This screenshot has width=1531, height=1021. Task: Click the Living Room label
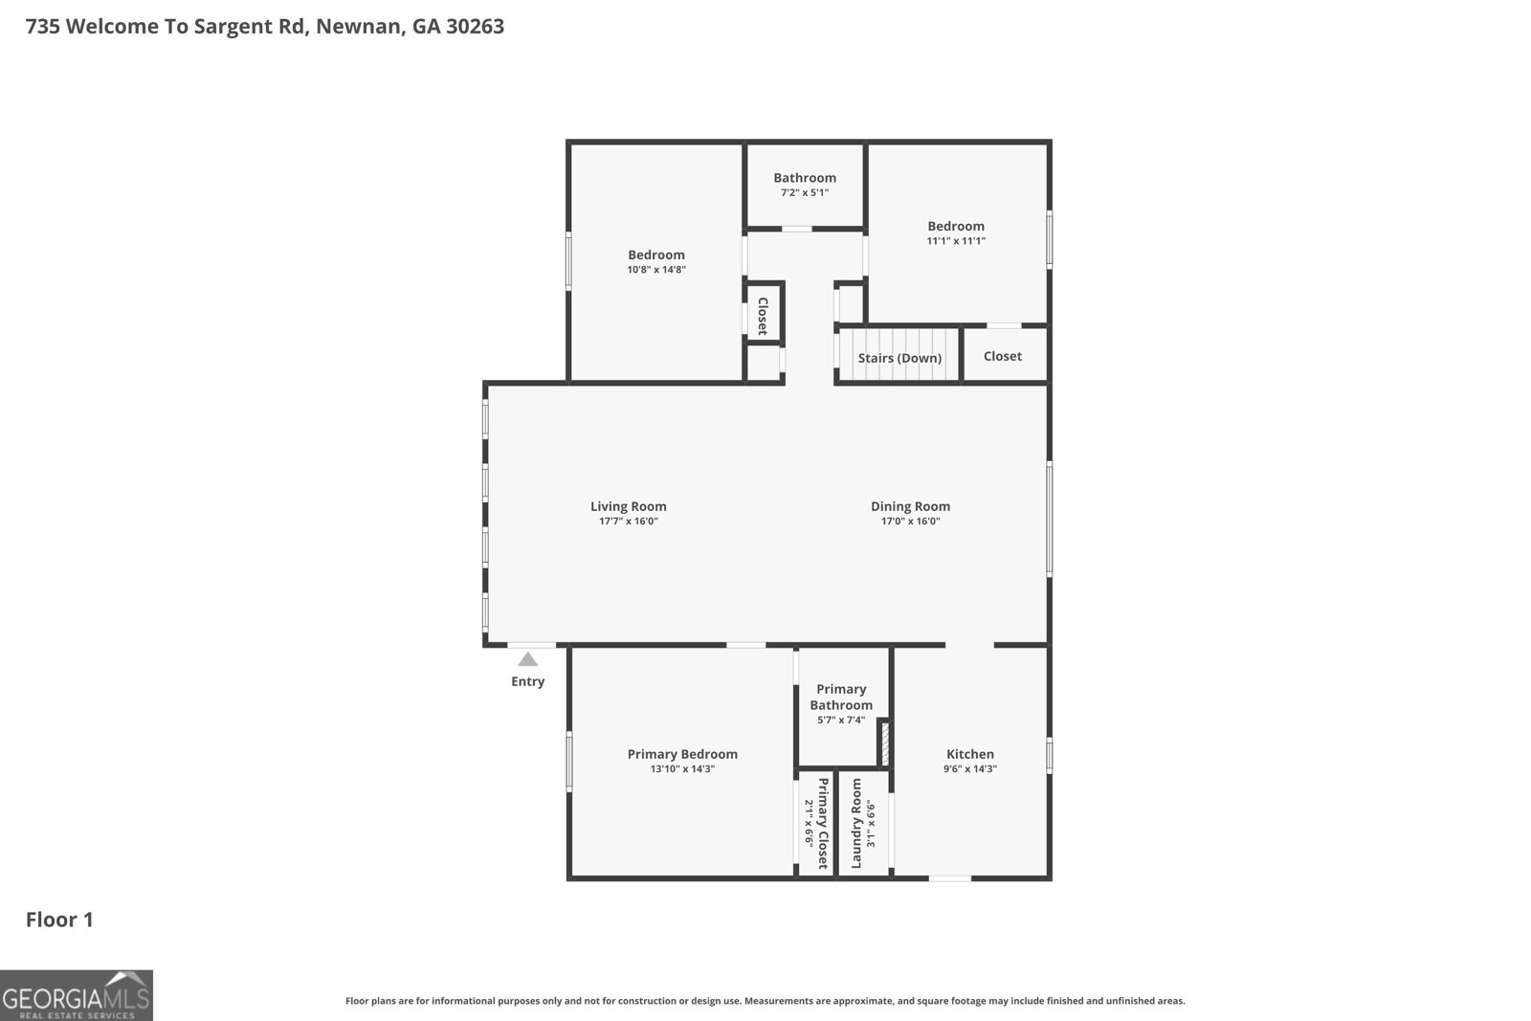pos(628,506)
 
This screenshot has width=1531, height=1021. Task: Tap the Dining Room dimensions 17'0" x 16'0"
pos(910,522)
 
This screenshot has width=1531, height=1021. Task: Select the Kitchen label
pos(970,754)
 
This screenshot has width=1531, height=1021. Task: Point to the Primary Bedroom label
pos(682,754)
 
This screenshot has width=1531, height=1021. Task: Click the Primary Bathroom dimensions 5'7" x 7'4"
pos(841,720)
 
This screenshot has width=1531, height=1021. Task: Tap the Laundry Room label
pos(856,823)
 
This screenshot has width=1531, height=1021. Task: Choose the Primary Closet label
pos(823,823)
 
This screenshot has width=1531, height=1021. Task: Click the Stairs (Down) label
pos(899,358)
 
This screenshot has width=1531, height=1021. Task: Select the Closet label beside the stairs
pos(1003,356)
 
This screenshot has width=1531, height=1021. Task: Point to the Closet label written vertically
pos(763,317)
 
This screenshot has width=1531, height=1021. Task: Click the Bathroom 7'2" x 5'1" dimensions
pos(805,192)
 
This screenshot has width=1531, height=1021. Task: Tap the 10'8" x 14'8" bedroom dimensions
pos(656,269)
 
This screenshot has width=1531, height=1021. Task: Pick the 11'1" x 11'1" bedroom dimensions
pos(956,240)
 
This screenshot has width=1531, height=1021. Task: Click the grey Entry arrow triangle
pos(527,659)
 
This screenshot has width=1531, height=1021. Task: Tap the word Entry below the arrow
pos(527,681)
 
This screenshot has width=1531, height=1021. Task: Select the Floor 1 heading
pos(59,920)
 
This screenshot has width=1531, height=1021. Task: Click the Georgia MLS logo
pos(76,995)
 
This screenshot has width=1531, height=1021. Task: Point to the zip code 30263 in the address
pos(475,26)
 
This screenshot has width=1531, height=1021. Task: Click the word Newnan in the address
pos(358,27)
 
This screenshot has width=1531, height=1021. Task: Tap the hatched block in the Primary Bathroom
pos(884,743)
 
